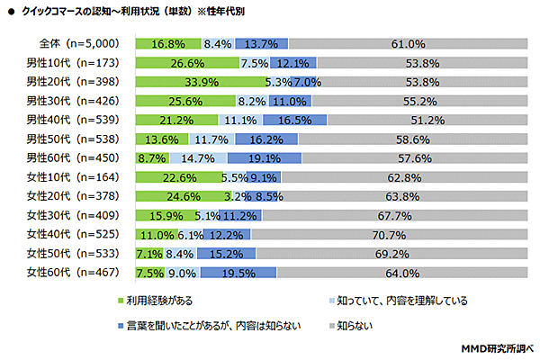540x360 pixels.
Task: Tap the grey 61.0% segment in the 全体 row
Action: tap(407, 43)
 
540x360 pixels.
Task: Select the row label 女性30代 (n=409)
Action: tap(71, 214)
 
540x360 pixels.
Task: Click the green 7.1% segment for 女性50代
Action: tap(148, 252)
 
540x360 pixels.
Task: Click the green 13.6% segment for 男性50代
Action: tap(161, 138)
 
